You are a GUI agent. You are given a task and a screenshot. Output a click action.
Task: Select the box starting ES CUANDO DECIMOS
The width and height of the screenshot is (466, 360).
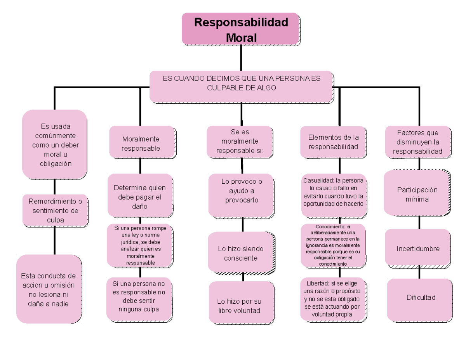(x=241, y=86)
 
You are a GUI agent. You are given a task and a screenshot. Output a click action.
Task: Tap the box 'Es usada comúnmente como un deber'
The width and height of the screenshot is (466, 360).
(x=55, y=144)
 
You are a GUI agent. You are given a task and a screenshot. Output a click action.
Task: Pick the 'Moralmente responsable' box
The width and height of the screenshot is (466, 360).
(x=141, y=143)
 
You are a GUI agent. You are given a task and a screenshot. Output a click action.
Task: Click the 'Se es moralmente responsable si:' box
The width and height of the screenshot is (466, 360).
(x=240, y=141)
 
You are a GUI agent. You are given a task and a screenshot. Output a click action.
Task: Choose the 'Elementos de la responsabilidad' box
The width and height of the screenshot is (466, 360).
(x=333, y=142)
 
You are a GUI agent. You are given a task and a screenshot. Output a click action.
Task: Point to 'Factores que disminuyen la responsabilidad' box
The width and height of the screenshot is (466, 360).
(x=417, y=142)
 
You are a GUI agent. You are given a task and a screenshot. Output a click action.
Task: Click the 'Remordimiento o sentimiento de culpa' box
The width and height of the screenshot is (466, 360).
(x=55, y=210)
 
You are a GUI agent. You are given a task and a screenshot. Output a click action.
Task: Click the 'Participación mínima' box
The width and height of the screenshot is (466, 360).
(x=417, y=194)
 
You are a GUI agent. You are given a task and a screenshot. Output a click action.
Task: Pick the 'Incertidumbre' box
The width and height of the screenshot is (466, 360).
(x=417, y=248)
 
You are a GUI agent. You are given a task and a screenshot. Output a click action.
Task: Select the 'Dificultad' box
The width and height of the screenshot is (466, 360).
(x=421, y=298)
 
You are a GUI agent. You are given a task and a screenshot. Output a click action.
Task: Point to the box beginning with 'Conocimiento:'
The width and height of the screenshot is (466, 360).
(x=333, y=246)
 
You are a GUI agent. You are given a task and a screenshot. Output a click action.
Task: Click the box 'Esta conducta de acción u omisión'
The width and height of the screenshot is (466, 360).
(x=49, y=289)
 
